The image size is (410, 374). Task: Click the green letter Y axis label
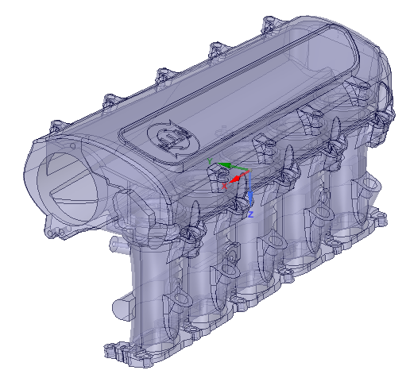click(211, 161)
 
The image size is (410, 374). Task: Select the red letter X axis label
click(226, 185)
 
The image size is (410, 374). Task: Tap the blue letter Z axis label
click(249, 214)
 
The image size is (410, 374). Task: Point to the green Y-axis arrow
click(226, 166)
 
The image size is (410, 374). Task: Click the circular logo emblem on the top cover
click(169, 138)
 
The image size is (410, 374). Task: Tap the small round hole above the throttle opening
click(54, 149)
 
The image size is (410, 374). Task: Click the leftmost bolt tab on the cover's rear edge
click(58, 125)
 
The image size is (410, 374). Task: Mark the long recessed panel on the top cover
click(262, 75)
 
